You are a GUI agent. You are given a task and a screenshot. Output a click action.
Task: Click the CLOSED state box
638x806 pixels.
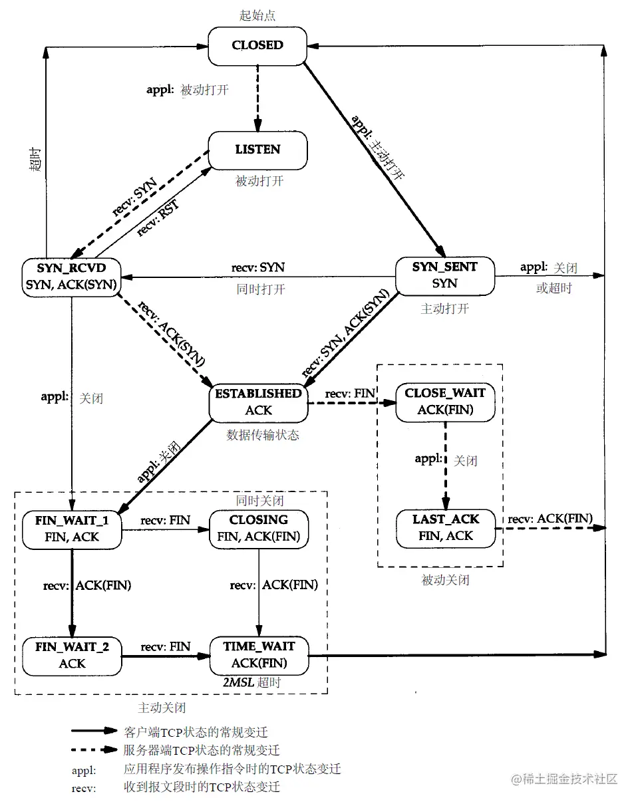(257, 46)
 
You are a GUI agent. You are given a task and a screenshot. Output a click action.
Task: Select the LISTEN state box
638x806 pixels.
(257, 150)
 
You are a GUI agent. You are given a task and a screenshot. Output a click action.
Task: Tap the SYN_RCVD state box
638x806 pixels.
(72, 275)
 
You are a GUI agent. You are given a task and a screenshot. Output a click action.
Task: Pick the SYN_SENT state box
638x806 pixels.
(444, 275)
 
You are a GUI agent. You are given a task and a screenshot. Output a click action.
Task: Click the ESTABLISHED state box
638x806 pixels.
(258, 402)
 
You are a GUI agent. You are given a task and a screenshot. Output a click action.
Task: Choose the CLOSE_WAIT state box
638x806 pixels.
(445, 402)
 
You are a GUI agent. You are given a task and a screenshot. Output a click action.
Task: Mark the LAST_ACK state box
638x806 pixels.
(445, 527)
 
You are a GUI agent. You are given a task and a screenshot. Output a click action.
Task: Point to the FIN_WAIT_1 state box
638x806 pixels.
(72, 528)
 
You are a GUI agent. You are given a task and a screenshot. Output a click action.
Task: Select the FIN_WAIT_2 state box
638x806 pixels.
(72, 654)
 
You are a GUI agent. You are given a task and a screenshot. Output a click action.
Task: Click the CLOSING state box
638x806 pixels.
(258, 528)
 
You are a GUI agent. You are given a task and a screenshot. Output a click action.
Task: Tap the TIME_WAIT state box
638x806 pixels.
(259, 654)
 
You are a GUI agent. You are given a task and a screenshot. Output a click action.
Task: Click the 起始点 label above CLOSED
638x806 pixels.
(257, 15)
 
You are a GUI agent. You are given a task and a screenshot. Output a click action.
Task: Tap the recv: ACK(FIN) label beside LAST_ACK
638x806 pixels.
(550, 519)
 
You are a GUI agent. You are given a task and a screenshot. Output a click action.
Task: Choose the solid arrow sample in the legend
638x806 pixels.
(94, 731)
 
